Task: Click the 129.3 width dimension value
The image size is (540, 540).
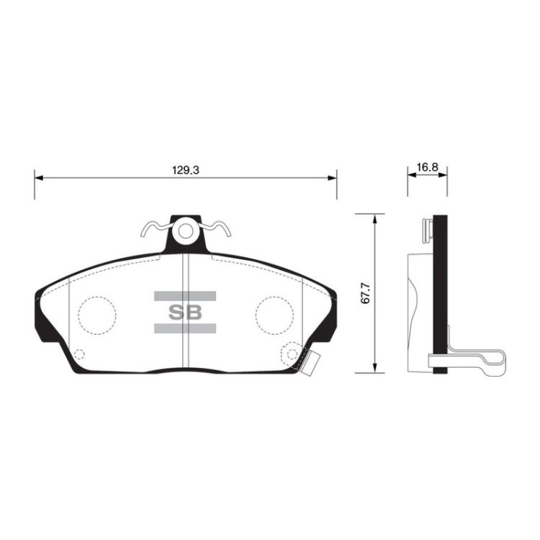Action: coord(186,170)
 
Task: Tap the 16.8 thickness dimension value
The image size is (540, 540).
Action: coord(427,167)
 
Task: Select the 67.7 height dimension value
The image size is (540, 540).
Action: coord(365,294)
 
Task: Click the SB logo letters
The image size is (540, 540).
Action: coord(185,312)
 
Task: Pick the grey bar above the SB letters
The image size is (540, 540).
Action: coord(185,296)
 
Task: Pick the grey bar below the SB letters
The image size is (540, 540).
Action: coord(185,328)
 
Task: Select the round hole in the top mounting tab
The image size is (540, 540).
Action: coord(186,231)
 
